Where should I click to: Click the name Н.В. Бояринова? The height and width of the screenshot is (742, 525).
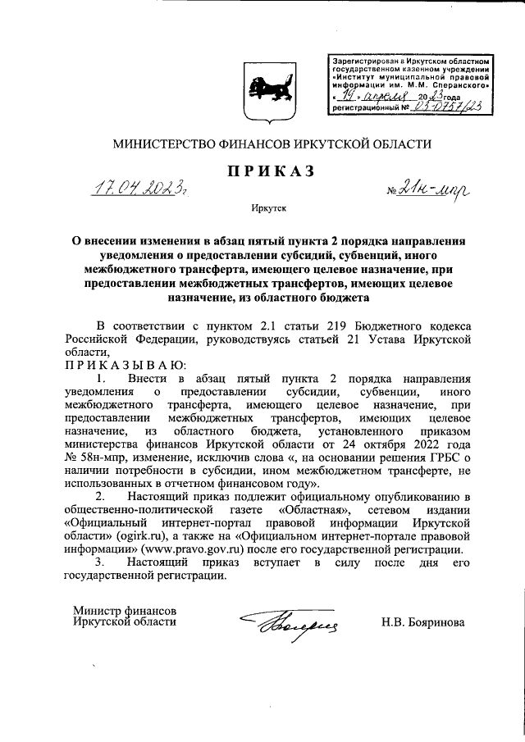point(422,622)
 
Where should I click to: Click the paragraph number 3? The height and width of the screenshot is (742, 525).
point(99,562)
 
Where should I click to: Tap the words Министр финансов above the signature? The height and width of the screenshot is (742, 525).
point(123,610)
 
